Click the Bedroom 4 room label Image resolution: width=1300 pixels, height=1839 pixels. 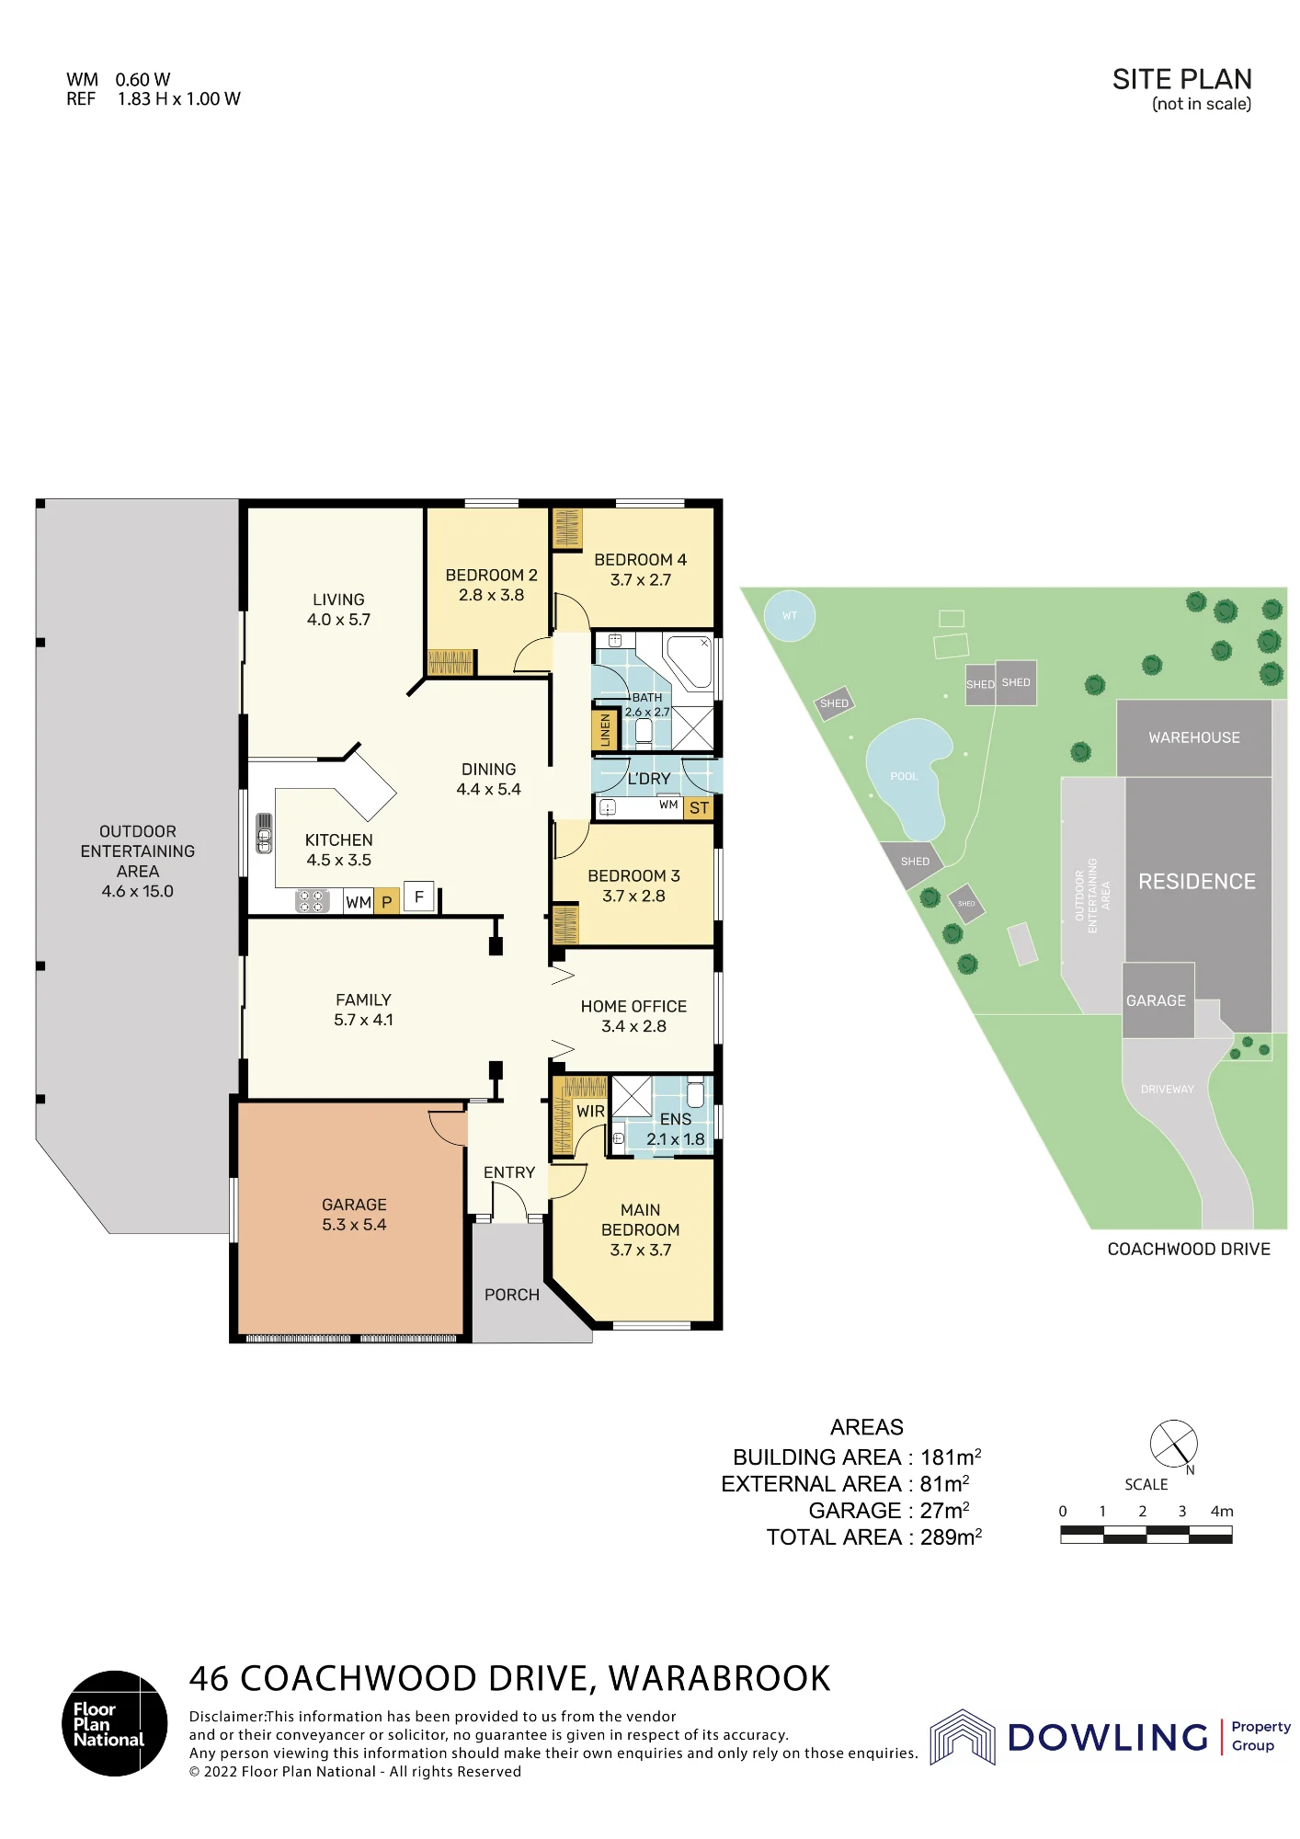(x=640, y=560)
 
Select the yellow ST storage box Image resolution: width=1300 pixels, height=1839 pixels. (x=699, y=808)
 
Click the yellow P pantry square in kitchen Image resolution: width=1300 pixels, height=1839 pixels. (x=387, y=902)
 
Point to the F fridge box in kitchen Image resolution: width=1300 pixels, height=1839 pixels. (x=419, y=897)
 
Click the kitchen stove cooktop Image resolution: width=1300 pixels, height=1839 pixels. (x=313, y=901)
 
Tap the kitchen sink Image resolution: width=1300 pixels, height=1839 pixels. (x=264, y=834)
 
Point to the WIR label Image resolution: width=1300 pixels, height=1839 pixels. (x=590, y=1112)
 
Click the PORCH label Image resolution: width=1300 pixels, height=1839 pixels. (x=512, y=1295)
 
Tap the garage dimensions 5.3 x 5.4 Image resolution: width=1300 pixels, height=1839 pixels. (x=354, y=1225)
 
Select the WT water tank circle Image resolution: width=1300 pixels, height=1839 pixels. (x=790, y=616)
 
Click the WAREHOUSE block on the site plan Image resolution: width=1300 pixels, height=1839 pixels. (x=1194, y=737)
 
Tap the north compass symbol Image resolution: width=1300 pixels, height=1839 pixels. (x=1174, y=1445)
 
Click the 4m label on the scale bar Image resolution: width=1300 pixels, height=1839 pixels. (x=1222, y=1512)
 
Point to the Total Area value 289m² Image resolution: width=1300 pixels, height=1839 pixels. (x=951, y=1537)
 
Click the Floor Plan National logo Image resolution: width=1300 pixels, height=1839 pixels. (x=115, y=1723)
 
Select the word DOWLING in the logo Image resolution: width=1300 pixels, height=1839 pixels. (x=1108, y=1737)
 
